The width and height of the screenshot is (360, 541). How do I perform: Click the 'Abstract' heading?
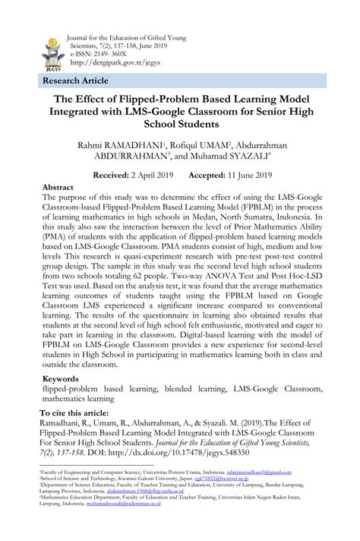[58, 187]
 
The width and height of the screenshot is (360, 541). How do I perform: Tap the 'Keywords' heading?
[61, 378]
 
